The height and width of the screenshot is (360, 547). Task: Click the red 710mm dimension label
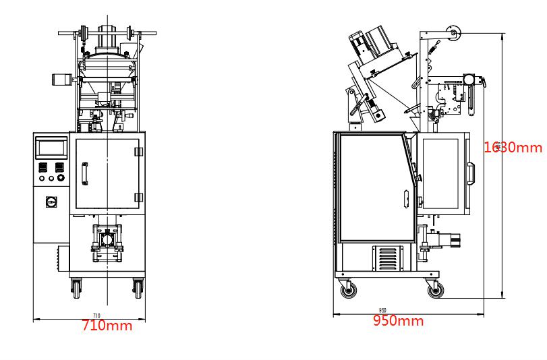pos(107,326)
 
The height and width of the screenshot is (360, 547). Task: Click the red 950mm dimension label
pos(399,321)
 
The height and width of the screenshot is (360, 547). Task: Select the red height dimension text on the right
pos(513,148)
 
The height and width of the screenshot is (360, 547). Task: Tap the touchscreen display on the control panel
pos(51,148)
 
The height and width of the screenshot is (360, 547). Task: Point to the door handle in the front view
pos(84,173)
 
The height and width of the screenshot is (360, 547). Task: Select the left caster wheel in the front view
pos(75,289)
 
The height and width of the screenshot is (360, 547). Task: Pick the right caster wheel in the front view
pos(138,289)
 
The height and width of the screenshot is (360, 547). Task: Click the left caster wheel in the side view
pos(349,291)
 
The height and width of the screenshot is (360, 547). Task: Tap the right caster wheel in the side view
pos(436,291)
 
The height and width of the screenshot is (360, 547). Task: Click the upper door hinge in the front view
pos(138,152)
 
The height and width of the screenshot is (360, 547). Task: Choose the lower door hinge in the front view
pos(138,197)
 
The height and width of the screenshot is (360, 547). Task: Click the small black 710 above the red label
pos(96,316)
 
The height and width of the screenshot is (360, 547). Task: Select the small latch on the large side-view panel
pos(405,198)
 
